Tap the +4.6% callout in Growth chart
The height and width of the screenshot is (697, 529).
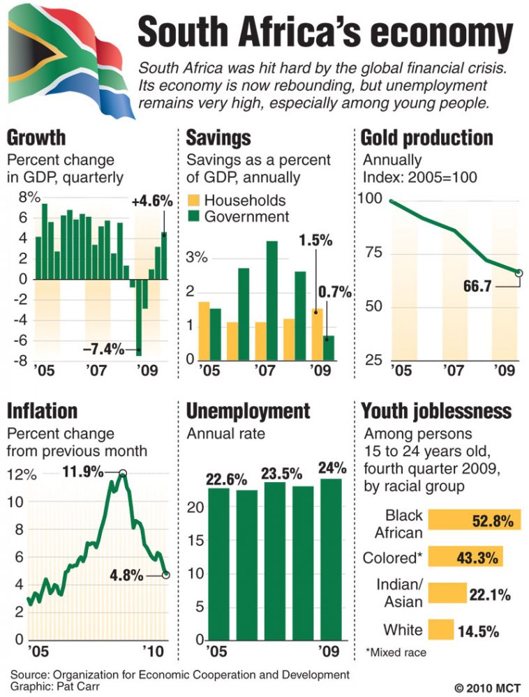click(151, 202)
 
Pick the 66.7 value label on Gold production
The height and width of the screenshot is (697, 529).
click(480, 286)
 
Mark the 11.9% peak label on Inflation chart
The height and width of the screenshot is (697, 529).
click(83, 472)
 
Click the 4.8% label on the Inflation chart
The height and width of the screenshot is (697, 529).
click(126, 576)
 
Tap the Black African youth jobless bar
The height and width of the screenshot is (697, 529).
click(474, 520)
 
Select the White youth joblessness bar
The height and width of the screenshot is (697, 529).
click(440, 630)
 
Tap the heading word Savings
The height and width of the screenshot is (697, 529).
click(218, 137)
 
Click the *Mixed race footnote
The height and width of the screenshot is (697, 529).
click(394, 654)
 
